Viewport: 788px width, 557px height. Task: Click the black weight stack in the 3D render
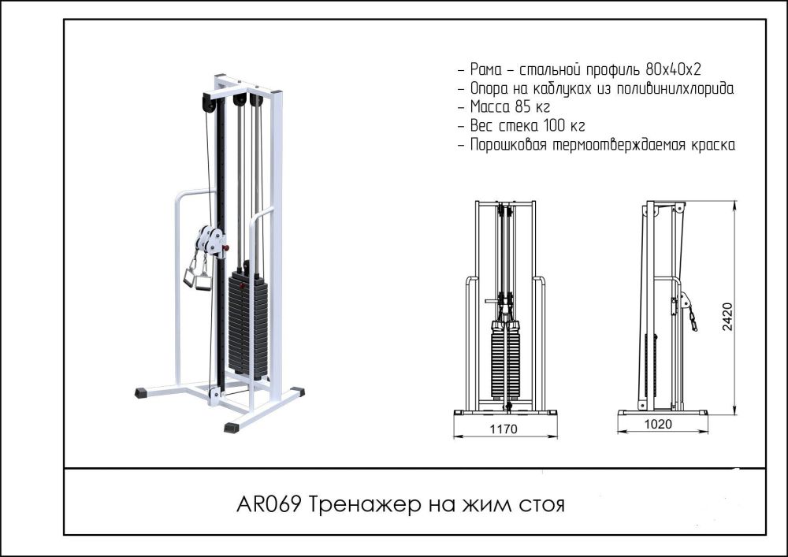click(248, 319)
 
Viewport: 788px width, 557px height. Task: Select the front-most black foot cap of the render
click(231, 427)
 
